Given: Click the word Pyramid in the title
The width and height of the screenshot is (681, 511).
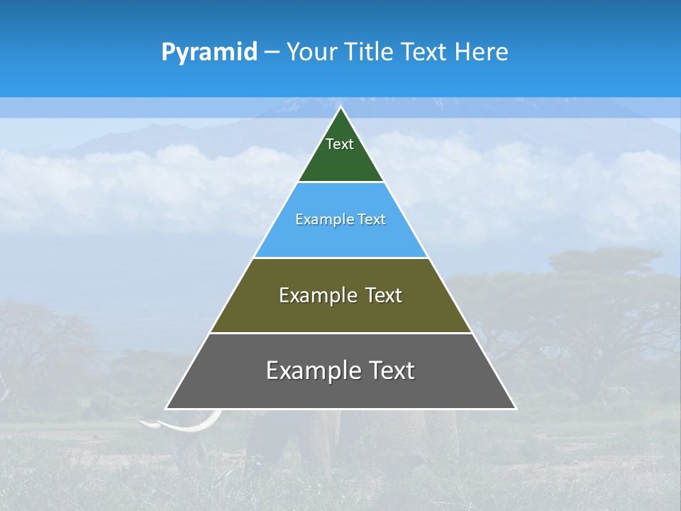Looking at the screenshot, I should tap(209, 53).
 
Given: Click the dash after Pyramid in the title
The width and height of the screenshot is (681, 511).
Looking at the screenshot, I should tap(271, 53).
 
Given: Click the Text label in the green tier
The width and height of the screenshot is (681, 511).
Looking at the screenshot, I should tap(340, 144).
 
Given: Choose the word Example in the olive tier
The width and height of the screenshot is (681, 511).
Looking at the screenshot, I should tap(317, 295).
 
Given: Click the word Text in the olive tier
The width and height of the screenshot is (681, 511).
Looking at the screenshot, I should tap(384, 295).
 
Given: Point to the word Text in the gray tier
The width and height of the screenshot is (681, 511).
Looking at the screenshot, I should tap(392, 370).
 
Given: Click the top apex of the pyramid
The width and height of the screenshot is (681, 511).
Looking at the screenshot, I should tap(340, 107).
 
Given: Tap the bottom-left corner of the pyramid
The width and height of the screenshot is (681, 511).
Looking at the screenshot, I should tap(167, 408).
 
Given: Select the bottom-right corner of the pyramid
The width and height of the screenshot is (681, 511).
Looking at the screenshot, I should tap(515, 408).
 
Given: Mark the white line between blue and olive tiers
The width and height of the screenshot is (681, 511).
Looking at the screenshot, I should tap(340, 258).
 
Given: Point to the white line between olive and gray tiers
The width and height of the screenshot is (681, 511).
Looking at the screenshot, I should tap(340, 333).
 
